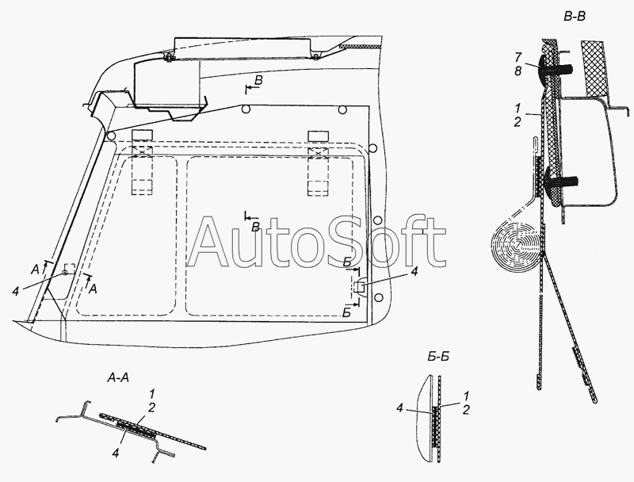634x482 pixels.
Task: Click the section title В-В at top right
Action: (574, 17)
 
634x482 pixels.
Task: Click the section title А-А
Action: (118, 377)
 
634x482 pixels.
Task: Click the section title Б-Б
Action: (438, 357)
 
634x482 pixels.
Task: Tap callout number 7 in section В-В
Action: (518, 57)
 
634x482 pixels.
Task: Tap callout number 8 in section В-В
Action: (518, 71)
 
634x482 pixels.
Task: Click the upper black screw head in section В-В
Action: (543, 67)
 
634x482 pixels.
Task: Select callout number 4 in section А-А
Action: (116, 453)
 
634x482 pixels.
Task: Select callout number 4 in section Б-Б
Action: (400, 408)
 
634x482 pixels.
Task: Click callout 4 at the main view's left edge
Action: (15, 291)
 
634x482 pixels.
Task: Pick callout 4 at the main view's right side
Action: (414, 272)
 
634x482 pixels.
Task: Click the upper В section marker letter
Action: (258, 81)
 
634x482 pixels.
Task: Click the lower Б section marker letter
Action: (346, 312)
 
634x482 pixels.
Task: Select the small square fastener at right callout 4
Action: (359, 288)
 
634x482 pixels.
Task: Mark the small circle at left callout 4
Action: (65, 273)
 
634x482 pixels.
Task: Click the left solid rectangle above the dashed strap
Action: (143, 136)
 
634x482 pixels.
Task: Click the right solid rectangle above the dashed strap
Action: (319, 136)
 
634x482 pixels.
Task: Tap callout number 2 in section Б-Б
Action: (466, 410)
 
